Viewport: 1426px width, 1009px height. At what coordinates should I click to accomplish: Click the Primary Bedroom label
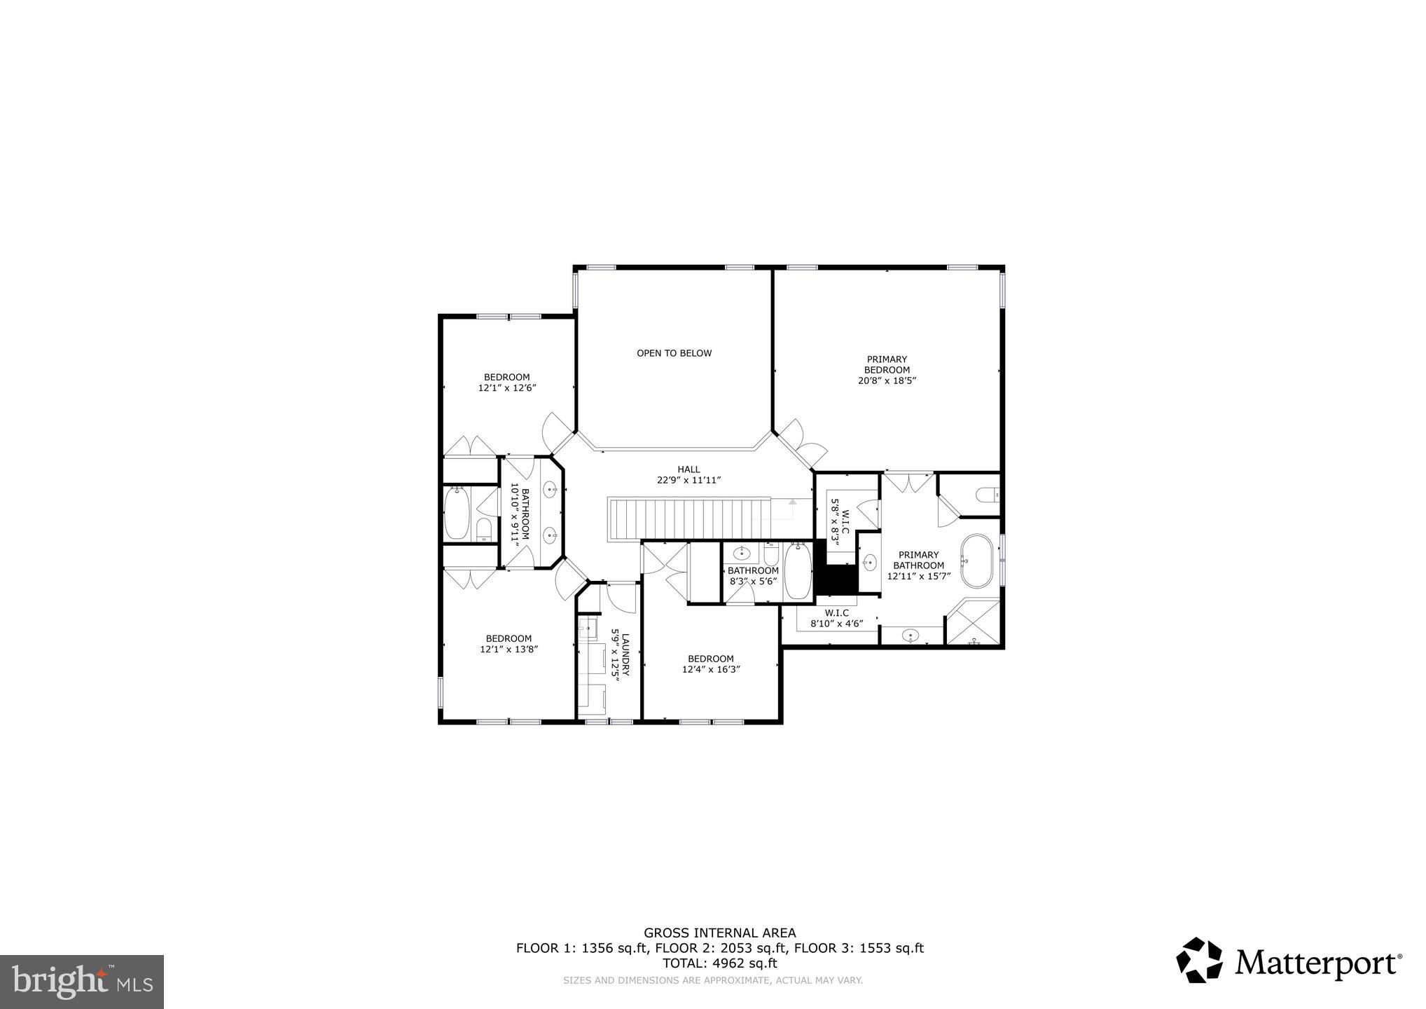(887, 369)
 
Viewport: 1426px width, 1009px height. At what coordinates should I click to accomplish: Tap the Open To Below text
(674, 353)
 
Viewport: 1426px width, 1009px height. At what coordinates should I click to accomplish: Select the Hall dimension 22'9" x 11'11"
(688, 480)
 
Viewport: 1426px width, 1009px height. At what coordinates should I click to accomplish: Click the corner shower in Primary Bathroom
(973, 622)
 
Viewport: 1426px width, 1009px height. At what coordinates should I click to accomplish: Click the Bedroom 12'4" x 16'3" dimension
(711, 669)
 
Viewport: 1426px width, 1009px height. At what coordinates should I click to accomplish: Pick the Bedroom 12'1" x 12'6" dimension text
(507, 387)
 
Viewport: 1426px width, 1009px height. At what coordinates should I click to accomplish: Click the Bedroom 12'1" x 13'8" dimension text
(508, 649)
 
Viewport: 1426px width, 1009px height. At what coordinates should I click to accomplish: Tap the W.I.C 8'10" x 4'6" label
(836, 618)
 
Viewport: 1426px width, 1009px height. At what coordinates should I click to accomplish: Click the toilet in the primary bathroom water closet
(988, 495)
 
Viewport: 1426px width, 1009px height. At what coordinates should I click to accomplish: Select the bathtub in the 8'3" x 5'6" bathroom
(797, 572)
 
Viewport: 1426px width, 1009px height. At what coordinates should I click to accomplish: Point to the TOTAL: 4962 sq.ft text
(719, 963)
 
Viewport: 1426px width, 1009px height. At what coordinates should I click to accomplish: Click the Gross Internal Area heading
(719, 933)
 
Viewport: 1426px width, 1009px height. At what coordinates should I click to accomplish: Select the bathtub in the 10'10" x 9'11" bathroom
(457, 514)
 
